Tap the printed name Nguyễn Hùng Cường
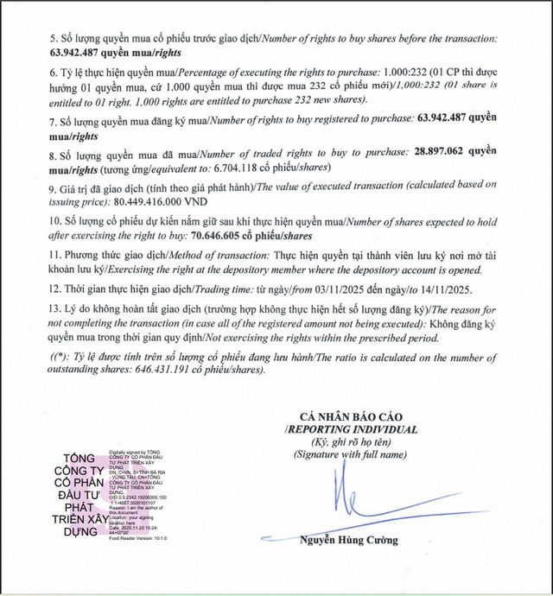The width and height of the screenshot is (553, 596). [x=349, y=541]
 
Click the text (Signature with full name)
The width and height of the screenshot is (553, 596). [x=349, y=453]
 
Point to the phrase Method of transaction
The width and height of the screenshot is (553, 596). [x=204, y=255]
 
